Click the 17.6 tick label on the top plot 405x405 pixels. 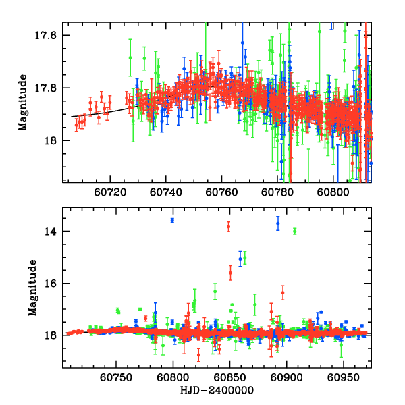pyautogui.click(x=49, y=35)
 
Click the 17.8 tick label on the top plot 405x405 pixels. pyautogui.click(x=49, y=88)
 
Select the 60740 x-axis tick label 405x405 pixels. pyautogui.click(x=166, y=192)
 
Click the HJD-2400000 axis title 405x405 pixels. pyautogui.click(x=217, y=391)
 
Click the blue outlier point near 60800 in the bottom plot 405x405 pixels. pyautogui.click(x=172, y=221)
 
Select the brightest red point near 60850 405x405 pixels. pyautogui.click(x=228, y=227)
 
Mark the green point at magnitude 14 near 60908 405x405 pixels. pyautogui.click(x=295, y=232)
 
